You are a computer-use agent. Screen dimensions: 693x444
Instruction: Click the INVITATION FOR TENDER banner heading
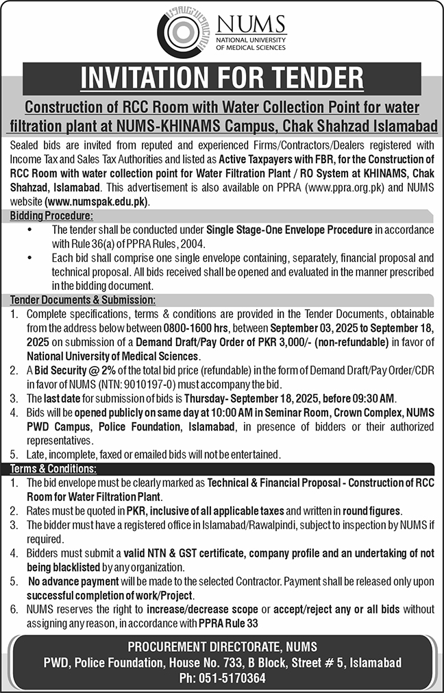coord(222,78)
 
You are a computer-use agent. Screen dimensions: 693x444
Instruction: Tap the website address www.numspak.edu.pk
coord(97,203)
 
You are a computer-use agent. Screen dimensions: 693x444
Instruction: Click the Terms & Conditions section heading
coord(53,469)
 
